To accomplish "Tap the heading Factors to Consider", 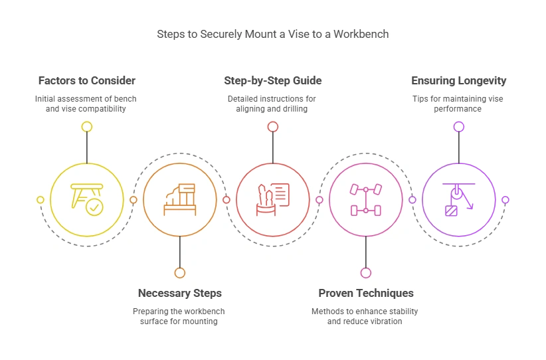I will [x=87, y=81].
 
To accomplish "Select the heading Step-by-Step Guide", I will [x=272, y=81].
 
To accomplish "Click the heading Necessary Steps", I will [x=180, y=293].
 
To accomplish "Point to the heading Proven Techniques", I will [x=366, y=293].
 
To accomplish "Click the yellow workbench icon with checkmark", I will [x=87, y=199].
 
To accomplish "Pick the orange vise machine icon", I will [x=180, y=199].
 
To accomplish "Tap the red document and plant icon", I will [x=272, y=199].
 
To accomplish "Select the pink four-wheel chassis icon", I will [x=366, y=199].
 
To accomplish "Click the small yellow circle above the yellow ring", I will [x=87, y=126].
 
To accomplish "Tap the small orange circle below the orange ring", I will [x=180, y=272].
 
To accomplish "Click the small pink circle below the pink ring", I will [x=366, y=272].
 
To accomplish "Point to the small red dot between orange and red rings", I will [x=227, y=199].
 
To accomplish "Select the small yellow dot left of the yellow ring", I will [x=41, y=199].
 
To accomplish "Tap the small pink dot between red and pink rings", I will [x=319, y=199].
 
